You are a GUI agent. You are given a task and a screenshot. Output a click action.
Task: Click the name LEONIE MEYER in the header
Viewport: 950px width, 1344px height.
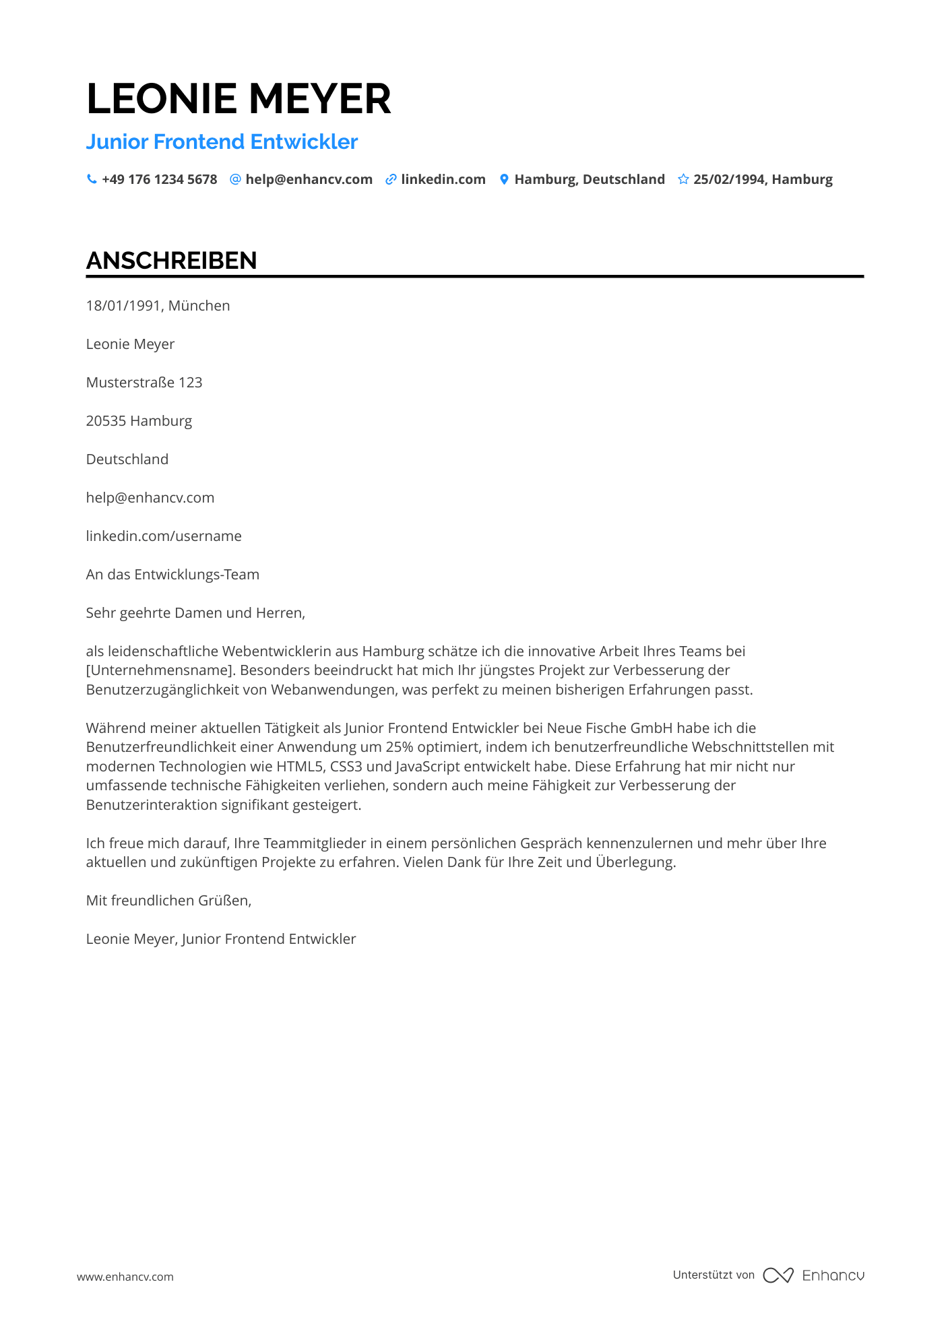point(239,98)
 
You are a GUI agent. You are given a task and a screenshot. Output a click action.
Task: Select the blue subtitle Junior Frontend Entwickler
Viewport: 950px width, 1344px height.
point(222,141)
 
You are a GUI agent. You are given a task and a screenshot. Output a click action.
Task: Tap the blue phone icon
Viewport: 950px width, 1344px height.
point(92,179)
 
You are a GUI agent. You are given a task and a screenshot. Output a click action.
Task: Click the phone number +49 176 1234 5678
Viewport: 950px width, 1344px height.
point(160,179)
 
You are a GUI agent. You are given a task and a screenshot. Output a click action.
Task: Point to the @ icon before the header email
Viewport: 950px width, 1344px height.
point(235,179)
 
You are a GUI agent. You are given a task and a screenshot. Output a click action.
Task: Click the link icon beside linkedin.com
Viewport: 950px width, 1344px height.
point(391,179)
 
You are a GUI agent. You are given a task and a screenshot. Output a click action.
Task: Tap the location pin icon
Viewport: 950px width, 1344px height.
point(504,179)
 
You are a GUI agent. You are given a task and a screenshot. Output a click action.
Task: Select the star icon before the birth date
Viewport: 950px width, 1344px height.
point(683,179)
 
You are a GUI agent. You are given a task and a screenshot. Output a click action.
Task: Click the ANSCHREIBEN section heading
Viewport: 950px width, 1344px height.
point(172,261)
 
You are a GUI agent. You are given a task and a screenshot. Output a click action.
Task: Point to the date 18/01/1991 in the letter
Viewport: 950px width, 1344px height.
point(124,306)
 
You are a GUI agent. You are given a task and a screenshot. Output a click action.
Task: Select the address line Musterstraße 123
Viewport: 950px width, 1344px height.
point(144,383)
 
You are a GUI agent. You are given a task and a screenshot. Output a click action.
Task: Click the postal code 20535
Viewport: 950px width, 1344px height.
point(106,421)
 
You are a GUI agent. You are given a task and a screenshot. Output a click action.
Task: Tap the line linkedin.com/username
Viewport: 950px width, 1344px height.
point(164,536)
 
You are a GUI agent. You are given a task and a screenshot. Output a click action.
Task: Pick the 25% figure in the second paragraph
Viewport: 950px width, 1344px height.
point(400,747)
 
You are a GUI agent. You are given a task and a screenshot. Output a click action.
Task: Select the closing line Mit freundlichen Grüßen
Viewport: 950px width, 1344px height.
point(168,901)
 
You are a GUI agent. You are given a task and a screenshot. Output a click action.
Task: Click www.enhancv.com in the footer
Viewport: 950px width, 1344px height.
point(125,1277)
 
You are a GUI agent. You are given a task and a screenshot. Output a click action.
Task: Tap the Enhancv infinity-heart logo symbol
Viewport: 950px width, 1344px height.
point(778,1275)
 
